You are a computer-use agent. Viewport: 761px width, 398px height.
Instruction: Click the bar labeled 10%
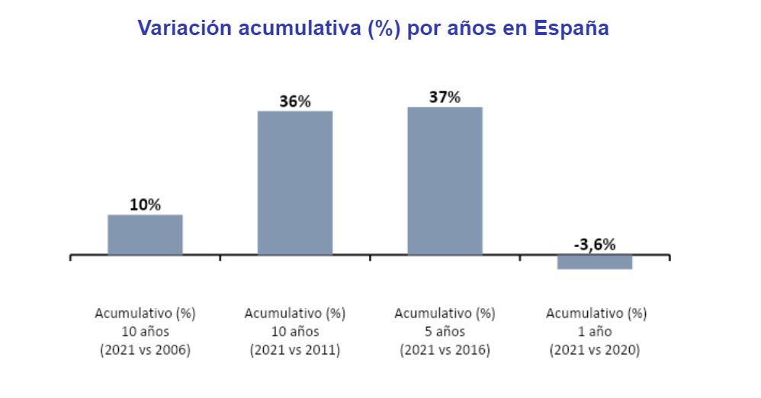click(145, 234)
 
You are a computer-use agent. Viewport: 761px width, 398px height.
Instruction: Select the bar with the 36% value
click(295, 183)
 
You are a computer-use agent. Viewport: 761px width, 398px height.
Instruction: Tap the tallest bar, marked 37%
click(445, 181)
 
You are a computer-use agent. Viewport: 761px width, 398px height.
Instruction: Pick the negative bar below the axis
click(595, 262)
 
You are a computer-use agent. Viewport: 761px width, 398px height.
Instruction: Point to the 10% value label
click(145, 205)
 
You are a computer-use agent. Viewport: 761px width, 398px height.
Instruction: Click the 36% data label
click(295, 101)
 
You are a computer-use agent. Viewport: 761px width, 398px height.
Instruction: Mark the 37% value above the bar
click(445, 97)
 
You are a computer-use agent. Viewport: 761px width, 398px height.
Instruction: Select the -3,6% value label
click(594, 244)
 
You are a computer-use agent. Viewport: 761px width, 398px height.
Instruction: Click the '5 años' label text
click(445, 332)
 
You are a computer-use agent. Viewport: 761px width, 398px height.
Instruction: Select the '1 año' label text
click(595, 332)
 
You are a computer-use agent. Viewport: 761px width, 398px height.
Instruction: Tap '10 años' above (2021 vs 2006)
click(145, 332)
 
